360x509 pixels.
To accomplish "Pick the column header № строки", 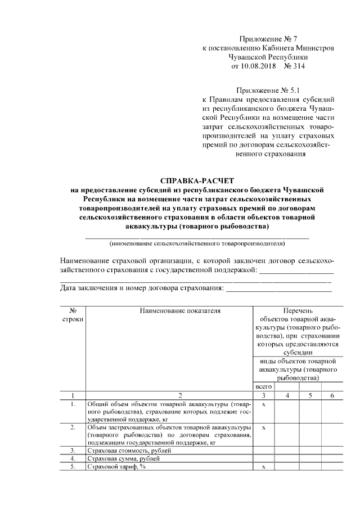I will tap(73, 314).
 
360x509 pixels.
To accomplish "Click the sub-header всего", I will tap(263, 387).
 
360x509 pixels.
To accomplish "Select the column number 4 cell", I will tap(287, 396).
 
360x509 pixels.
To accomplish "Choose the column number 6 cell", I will tap(332, 396).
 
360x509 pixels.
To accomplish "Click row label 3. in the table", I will tap(73, 451).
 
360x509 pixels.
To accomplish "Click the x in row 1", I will tap(263, 404).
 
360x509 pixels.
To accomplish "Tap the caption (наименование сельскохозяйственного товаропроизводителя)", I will tap(196, 244).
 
